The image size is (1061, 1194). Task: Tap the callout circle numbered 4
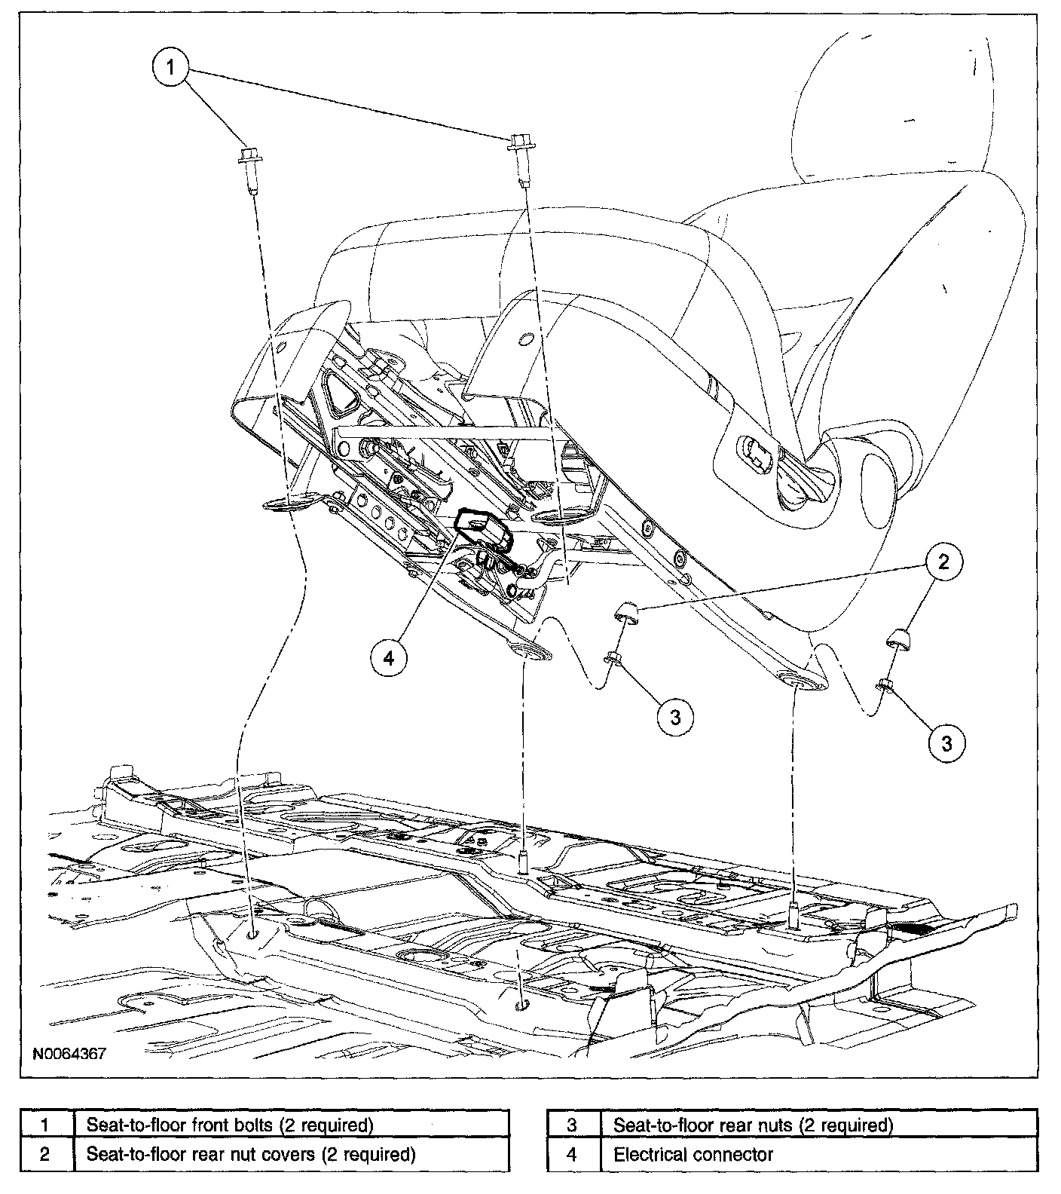click(389, 658)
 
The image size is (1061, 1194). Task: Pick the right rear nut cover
click(897, 635)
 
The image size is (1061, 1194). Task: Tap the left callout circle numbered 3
click(675, 717)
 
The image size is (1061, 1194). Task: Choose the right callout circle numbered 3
click(946, 742)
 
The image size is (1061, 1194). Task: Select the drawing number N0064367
click(69, 1052)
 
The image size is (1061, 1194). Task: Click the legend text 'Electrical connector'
click(693, 1154)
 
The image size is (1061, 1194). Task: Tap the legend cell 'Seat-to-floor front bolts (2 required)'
click(231, 1125)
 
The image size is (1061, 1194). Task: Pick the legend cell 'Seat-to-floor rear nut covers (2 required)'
click(251, 1154)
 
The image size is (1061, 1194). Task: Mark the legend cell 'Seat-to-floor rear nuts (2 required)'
click(753, 1125)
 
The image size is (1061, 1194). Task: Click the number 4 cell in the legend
click(572, 1154)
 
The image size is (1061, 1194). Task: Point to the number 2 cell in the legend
click(45, 1154)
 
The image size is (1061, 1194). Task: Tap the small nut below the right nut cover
click(885, 684)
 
